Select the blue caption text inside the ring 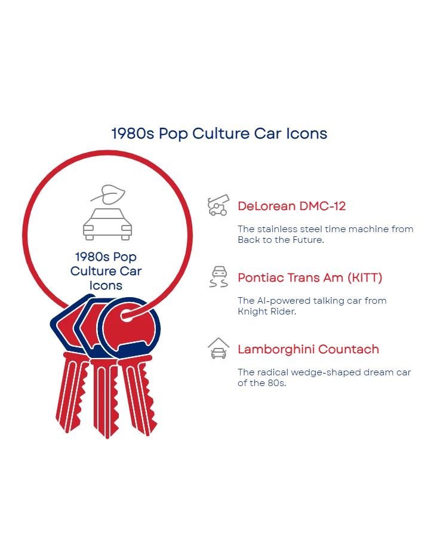point(106,270)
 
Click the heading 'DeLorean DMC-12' point(292,207)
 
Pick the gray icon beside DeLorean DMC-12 point(217,206)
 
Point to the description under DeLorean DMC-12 point(325,234)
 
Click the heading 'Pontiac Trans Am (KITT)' point(309,278)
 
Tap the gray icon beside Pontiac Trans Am point(217,278)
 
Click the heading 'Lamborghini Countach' point(308,350)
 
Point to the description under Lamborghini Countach point(325,377)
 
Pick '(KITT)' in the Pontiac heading point(363,278)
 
